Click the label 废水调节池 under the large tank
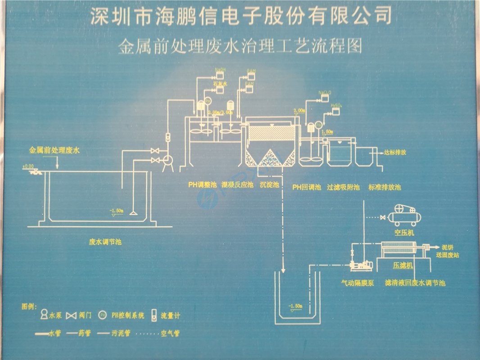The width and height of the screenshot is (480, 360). pos(105,242)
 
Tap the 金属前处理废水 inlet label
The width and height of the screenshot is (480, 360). pos(54,151)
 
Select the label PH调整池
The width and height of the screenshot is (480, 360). pos(203,184)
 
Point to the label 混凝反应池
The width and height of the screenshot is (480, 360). pos(237,184)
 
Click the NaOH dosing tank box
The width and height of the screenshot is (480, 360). pos(220,75)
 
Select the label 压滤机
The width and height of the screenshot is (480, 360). pos(403,266)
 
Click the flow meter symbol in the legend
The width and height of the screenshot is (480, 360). pos(154,315)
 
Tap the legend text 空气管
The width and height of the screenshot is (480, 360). pos(170,334)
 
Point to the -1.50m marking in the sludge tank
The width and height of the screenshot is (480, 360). pos(295,306)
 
